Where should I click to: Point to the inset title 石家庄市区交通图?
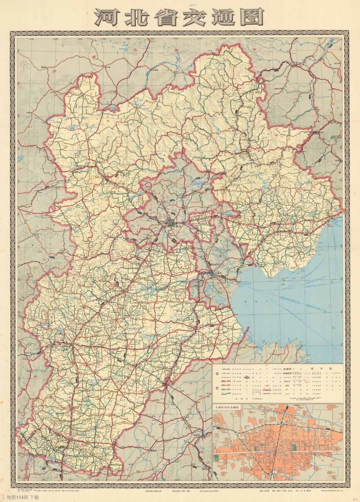point(228,407)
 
